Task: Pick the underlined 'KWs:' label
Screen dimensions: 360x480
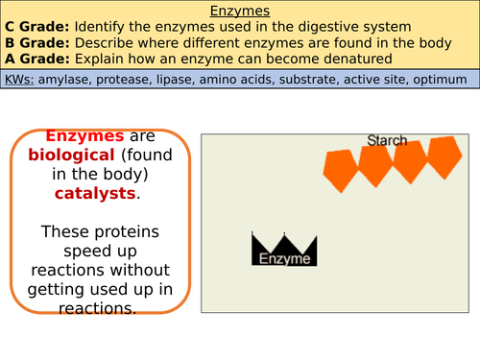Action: tap(24, 79)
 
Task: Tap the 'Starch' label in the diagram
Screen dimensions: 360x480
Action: tap(387, 141)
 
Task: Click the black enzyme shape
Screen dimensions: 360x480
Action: tap(285, 252)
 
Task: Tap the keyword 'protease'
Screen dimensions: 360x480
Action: tap(133, 79)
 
